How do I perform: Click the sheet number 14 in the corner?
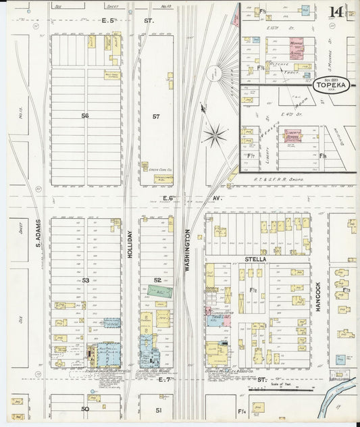pyautogui.click(x=335, y=11)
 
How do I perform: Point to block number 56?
pyautogui.click(x=85, y=116)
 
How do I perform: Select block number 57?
pyautogui.click(x=156, y=117)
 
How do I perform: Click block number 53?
pyautogui.click(x=85, y=280)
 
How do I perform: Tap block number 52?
pyautogui.click(x=156, y=280)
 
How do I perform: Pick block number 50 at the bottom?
pyautogui.click(x=85, y=409)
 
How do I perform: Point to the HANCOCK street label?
pyautogui.click(x=317, y=295)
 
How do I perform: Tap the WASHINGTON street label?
pyautogui.click(x=186, y=250)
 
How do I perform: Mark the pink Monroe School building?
pyautogui.click(x=297, y=47)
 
